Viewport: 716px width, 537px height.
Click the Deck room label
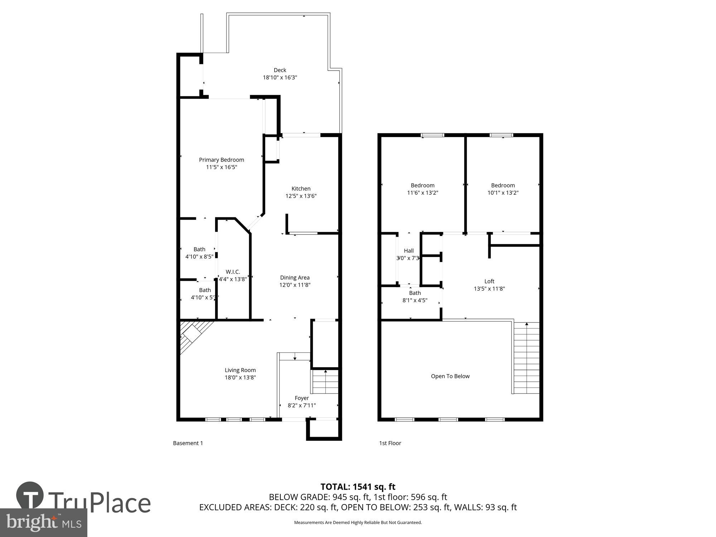tap(280, 70)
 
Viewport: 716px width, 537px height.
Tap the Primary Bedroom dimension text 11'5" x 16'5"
tap(222, 167)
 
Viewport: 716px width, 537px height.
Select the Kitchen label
tap(301, 189)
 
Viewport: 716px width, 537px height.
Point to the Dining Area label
tap(295, 277)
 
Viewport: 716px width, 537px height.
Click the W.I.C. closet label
tap(233, 272)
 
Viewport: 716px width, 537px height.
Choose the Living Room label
tap(240, 370)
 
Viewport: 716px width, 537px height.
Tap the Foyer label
tap(301, 398)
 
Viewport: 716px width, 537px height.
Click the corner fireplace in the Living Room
tap(194, 335)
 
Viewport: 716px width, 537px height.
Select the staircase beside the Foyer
tap(325, 382)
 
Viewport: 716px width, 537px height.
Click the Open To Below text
tap(450, 376)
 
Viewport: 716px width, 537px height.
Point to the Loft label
tap(489, 281)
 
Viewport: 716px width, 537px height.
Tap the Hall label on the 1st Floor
tap(408, 251)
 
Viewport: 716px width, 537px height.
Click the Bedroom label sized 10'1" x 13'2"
tap(503, 185)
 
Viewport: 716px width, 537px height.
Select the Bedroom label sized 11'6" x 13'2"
tap(422, 185)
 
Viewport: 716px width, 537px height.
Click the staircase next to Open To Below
tap(526, 358)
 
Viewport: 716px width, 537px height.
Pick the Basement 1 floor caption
tap(188, 443)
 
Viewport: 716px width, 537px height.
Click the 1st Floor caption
tap(390, 443)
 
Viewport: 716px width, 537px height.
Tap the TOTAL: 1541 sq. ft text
tap(358, 487)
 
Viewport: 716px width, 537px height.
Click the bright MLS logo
tap(44, 523)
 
